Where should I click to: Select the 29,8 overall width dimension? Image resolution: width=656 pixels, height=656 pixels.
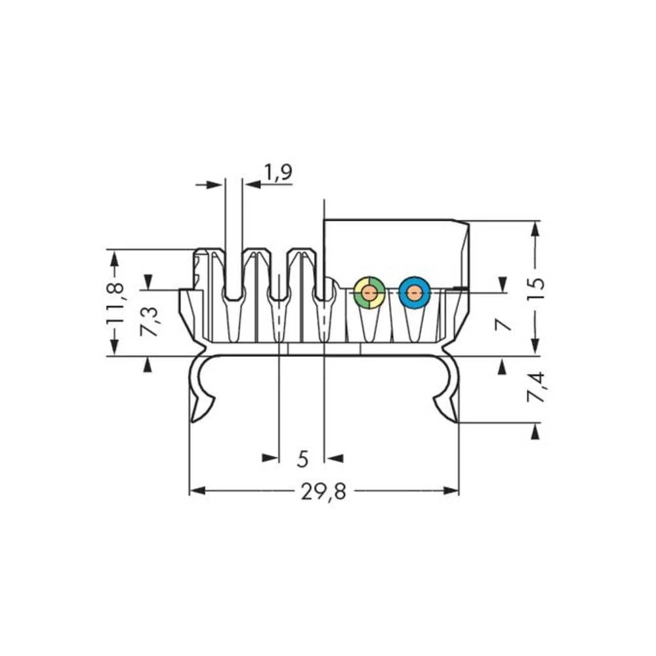click(x=323, y=491)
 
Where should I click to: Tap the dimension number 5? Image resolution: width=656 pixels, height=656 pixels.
click(x=302, y=459)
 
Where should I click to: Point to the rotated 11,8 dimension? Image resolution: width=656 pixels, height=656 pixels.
click(x=115, y=302)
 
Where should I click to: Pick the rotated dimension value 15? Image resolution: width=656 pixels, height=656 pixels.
click(x=536, y=288)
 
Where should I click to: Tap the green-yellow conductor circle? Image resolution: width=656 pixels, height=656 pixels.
click(x=369, y=293)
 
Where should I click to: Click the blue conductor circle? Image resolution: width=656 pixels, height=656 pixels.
click(x=414, y=293)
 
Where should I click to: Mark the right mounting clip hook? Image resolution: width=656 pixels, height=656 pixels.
click(x=447, y=398)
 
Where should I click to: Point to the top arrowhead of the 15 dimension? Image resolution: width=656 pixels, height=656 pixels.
click(x=536, y=229)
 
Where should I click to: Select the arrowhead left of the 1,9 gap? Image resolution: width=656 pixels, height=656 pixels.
click(x=216, y=185)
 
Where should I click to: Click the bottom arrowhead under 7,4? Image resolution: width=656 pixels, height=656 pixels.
click(x=536, y=431)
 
